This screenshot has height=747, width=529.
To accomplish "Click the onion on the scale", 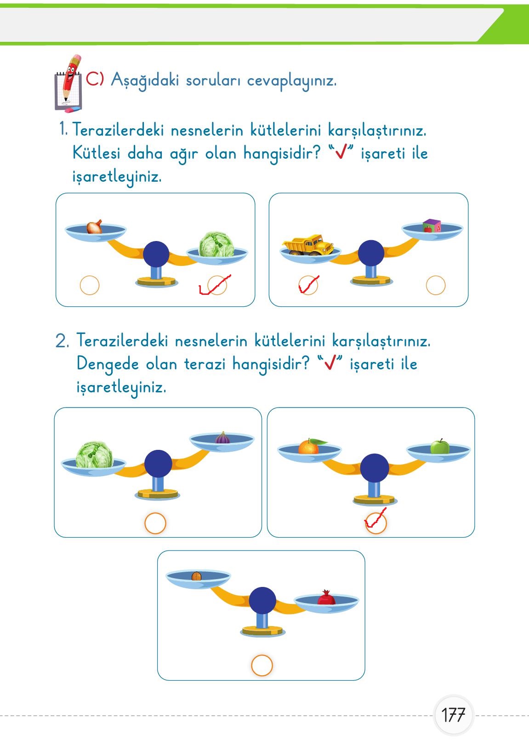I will pos(95,227).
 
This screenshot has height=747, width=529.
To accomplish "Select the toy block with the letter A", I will pos(432,226).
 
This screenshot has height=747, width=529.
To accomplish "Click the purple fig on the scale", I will pos(222,437).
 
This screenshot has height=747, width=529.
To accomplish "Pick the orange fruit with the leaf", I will pos(309,447).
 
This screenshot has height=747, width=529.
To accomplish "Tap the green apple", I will pos(439,446).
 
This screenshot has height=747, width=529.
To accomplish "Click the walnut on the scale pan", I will pos(196,576).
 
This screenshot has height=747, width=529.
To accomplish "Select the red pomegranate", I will pos(326,598).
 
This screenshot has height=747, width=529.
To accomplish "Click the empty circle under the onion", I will pos(90,285).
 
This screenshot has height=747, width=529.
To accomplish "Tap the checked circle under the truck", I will pos(308,285).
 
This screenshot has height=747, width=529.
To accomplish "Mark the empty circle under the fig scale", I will pos(155,523).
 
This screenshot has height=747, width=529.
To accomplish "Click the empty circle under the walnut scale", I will pos(262,665).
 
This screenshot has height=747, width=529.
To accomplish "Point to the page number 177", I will pos(453,715).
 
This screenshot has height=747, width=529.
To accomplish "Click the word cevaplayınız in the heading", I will pos(291,81).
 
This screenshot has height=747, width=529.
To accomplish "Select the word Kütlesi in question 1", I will pos(96,153).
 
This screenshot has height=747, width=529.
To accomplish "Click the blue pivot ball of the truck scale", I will pos(371,253).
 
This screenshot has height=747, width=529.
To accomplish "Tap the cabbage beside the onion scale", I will pos(216,245).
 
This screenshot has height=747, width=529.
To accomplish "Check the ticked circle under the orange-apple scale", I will pos(376,523).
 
